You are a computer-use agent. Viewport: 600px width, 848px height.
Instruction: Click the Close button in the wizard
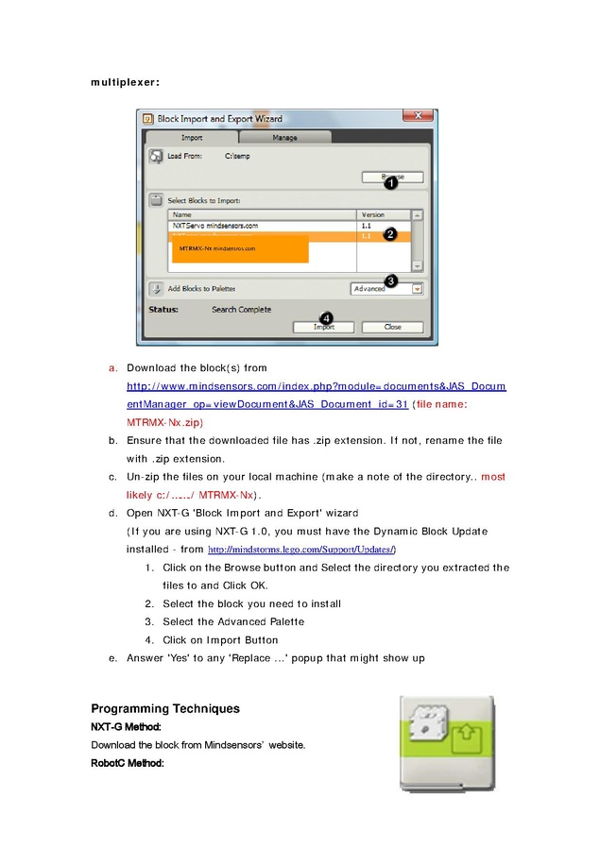click(393, 327)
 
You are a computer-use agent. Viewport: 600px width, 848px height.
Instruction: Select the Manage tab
click(284, 138)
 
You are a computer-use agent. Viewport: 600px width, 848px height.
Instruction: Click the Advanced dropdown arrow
click(417, 289)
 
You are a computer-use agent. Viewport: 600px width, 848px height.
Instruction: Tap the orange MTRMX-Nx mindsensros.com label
click(217, 248)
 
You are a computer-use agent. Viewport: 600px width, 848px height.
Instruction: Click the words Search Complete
click(241, 310)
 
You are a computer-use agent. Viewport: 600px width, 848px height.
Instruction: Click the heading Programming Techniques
click(165, 708)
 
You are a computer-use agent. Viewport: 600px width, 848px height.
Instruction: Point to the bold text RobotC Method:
click(128, 763)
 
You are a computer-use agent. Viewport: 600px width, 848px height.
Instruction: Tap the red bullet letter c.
click(112, 477)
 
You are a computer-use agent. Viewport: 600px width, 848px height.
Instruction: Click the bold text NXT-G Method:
click(126, 727)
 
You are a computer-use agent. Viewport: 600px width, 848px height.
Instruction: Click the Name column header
click(182, 215)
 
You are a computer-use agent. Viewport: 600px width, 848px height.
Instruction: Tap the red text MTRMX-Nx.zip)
click(165, 422)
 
